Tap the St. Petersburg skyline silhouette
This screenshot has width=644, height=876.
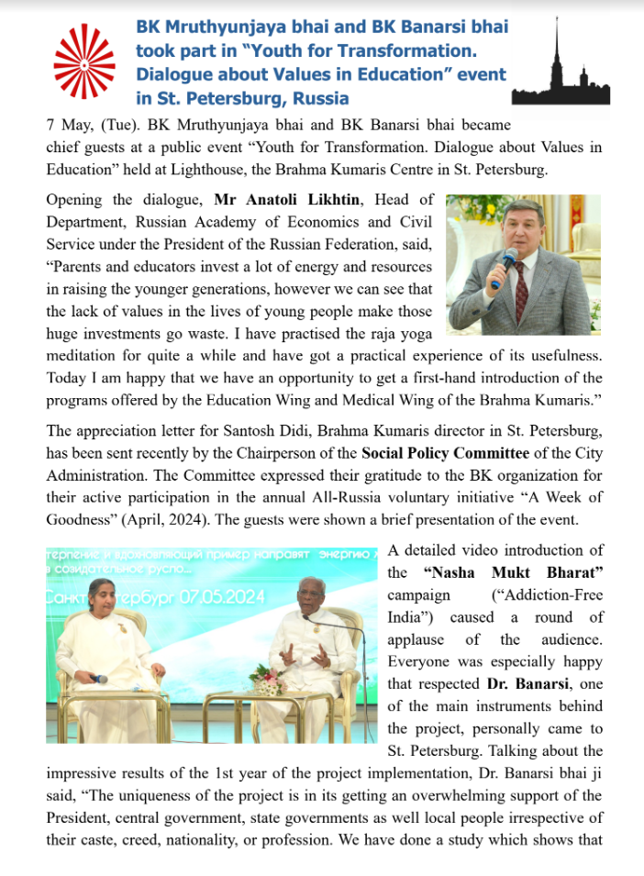pos(559,69)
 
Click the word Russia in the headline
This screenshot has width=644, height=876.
pos(320,97)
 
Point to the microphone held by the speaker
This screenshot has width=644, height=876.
pos(503,268)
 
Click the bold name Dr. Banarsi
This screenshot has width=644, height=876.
pos(526,683)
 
